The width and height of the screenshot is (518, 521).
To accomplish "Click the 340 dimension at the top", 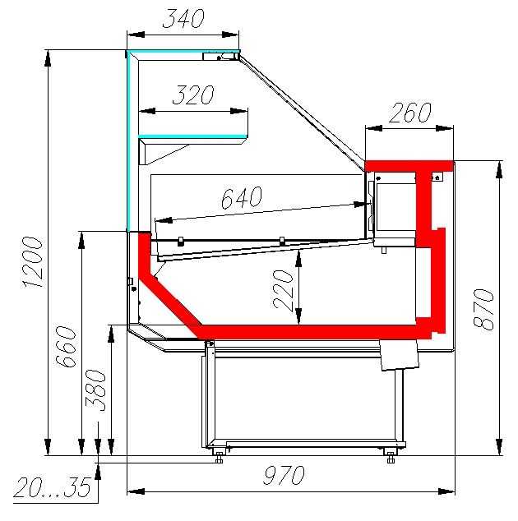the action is tap(183, 18).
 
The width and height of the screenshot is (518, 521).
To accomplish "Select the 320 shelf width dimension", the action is tap(193, 95).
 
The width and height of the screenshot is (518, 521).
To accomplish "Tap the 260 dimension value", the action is tap(410, 113).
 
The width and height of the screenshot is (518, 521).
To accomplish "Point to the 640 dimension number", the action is tap(242, 198).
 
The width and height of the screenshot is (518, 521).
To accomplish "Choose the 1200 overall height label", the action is tap(33, 261).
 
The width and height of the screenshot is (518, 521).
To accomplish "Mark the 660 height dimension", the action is tap(66, 347).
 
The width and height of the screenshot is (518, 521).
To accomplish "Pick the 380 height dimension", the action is tap(95, 390).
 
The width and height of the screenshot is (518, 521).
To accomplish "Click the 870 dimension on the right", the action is tap(483, 309).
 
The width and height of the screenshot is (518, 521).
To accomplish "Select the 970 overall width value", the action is tap(284, 475).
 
